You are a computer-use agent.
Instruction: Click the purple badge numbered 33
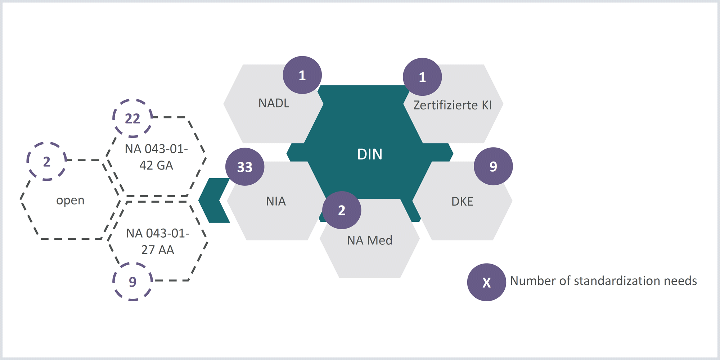click(245, 167)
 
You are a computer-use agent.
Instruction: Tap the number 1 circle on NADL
click(302, 75)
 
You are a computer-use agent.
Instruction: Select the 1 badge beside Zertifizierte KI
click(422, 77)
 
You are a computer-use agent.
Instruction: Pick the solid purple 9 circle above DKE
click(493, 166)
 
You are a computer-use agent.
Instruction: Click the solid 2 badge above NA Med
click(342, 210)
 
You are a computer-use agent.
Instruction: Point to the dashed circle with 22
click(132, 118)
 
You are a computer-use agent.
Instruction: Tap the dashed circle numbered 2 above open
click(47, 162)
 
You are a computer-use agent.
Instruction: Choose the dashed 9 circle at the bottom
click(132, 282)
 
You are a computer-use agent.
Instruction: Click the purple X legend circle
click(486, 282)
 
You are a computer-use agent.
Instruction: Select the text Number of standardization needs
click(603, 281)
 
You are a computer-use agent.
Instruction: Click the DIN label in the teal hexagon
click(370, 154)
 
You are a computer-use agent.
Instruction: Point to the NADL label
click(274, 103)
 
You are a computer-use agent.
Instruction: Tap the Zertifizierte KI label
click(453, 105)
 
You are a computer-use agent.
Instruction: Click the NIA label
click(276, 201)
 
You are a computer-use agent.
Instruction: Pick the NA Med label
click(370, 240)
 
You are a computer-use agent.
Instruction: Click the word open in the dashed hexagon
click(70, 200)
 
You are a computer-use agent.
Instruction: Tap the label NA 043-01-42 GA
click(156, 157)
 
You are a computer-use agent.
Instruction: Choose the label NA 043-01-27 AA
click(158, 242)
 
